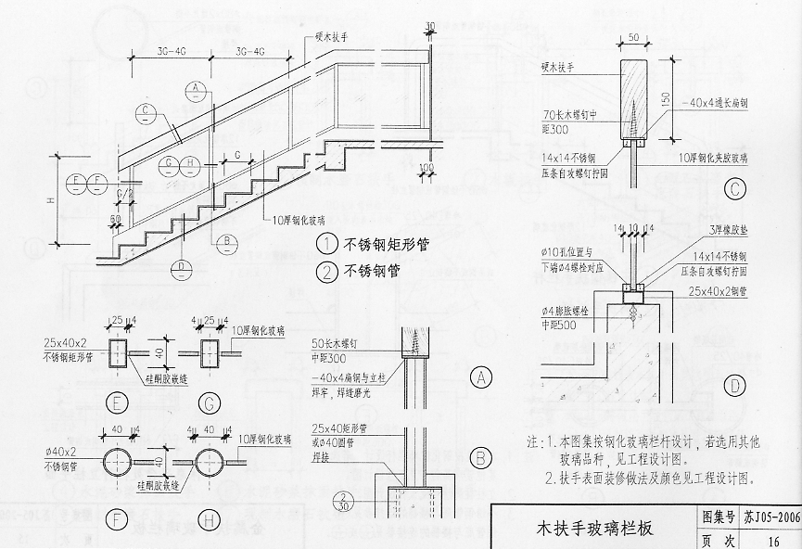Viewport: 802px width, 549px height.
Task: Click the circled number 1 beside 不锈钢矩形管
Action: pyautogui.click(x=326, y=246)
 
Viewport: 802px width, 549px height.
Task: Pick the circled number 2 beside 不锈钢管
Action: pyautogui.click(x=326, y=272)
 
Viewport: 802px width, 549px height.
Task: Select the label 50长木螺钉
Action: pyautogui.click(x=340, y=344)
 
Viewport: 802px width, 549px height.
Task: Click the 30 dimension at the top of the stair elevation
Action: pyautogui.click(x=429, y=24)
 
